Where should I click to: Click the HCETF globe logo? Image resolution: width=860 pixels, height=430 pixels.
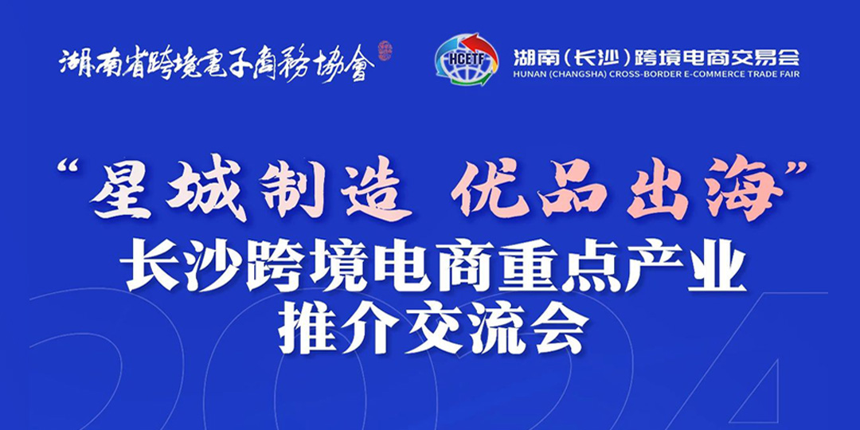point(466,59)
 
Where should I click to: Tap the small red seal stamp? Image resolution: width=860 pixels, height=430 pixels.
point(385,51)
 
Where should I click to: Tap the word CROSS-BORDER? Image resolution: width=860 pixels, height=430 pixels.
point(631,74)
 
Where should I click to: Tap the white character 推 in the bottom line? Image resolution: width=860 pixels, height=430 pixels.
point(306,328)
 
